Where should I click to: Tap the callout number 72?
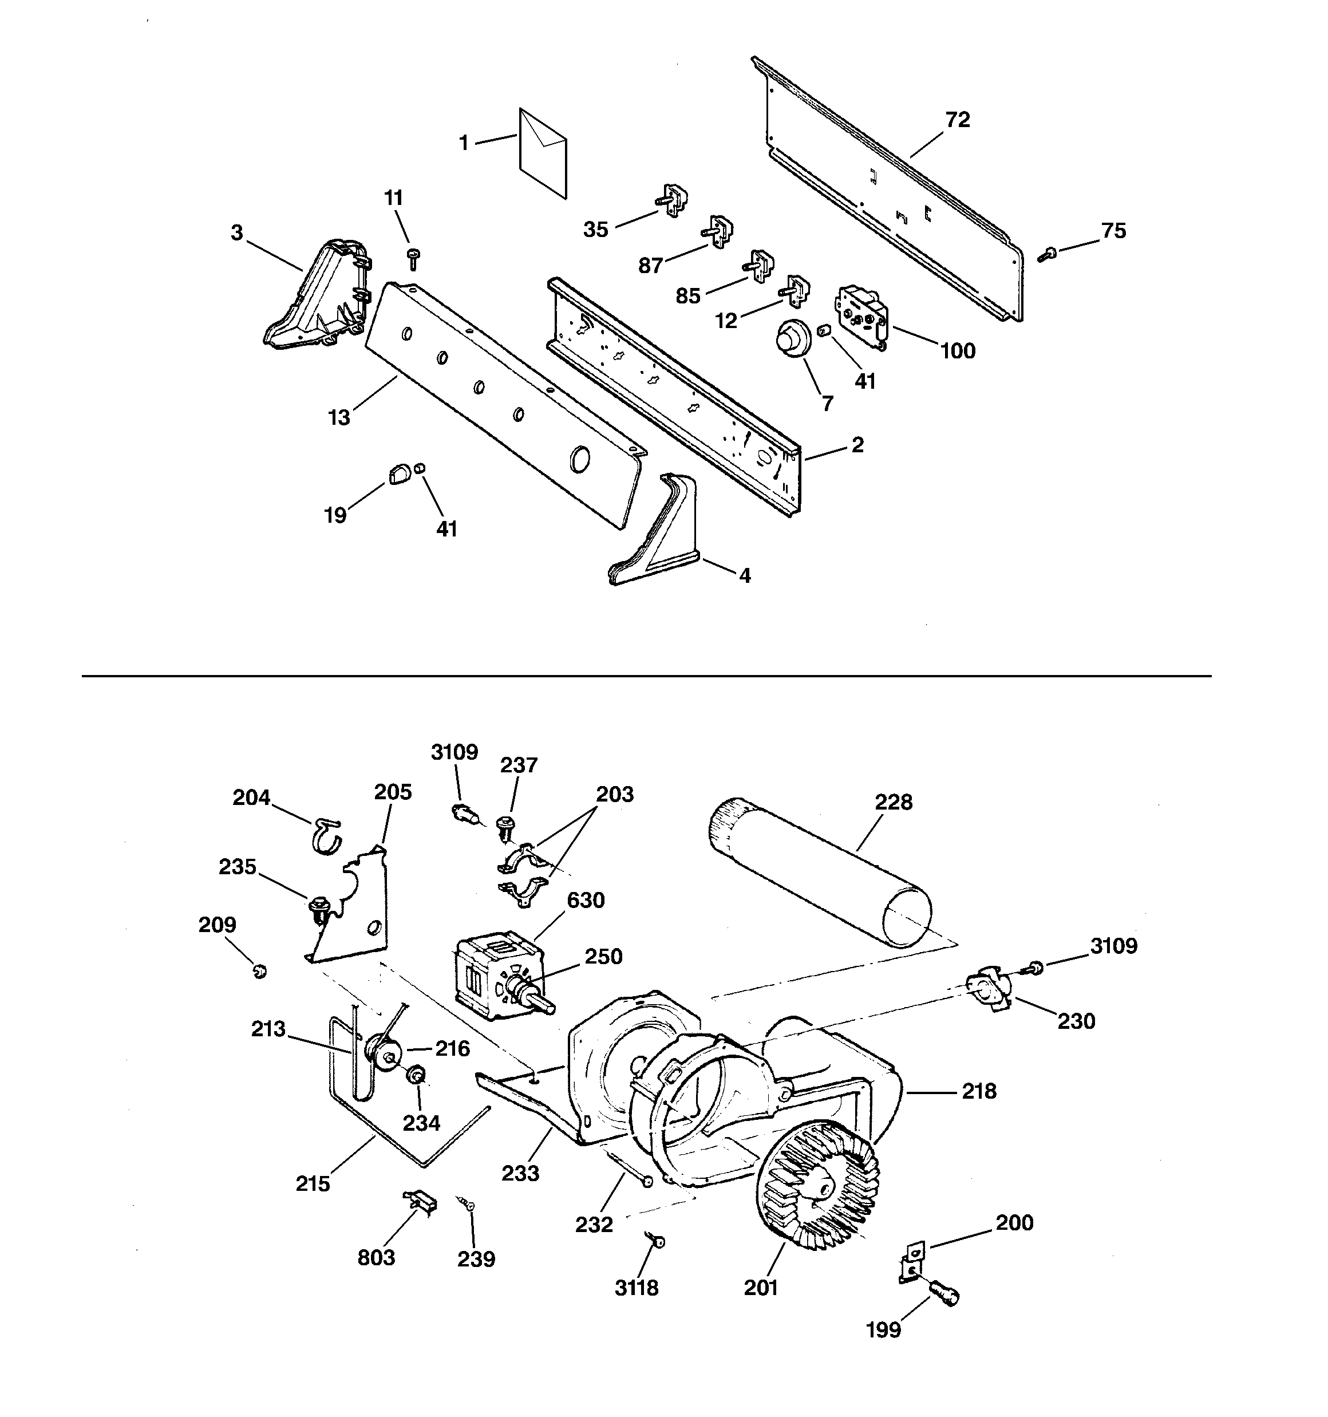pyautogui.click(x=957, y=120)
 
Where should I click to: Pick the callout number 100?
pyautogui.click(x=957, y=351)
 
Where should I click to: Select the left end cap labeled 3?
pyautogui.click(x=319, y=299)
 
